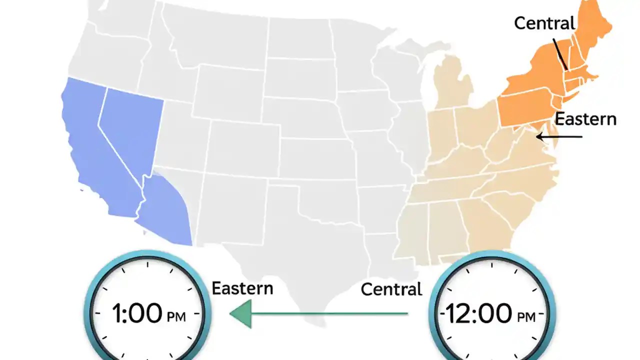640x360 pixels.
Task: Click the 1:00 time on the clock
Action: pyautogui.click(x=136, y=314)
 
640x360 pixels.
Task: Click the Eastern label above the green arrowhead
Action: pyautogui.click(x=242, y=288)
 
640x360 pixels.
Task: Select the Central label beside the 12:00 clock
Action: pyautogui.click(x=391, y=289)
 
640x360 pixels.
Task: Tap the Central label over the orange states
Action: pyautogui.click(x=544, y=23)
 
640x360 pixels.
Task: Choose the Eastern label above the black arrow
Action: pyautogui.click(x=585, y=119)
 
